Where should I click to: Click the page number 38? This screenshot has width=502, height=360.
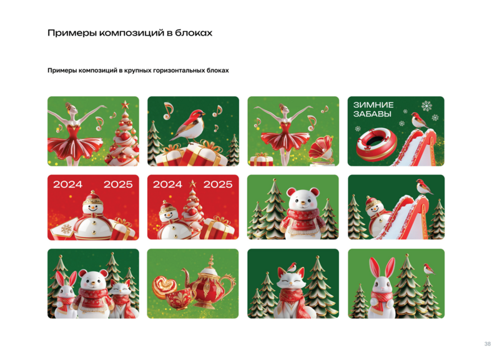pyautogui.click(x=488, y=344)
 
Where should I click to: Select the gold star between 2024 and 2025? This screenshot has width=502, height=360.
pyautogui.click(x=193, y=183)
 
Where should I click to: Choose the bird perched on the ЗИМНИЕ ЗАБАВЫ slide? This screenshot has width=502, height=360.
pyautogui.click(x=418, y=119)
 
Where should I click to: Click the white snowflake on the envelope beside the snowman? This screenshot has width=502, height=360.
pyautogui.click(x=66, y=229)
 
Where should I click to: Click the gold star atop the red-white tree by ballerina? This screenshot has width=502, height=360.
pyautogui.click(x=124, y=104)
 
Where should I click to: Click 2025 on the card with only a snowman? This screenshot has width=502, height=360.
pyautogui.click(x=118, y=184)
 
